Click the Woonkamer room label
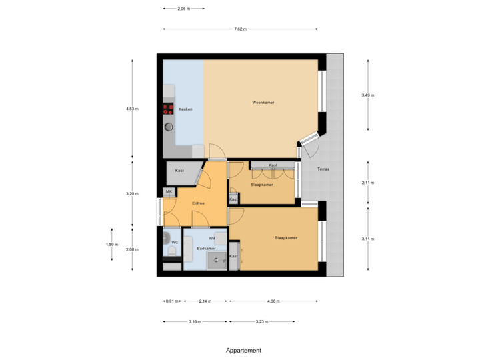pyautogui.click(x=263, y=103)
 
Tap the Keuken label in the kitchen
pyautogui.click(x=185, y=109)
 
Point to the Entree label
pyautogui.click(x=198, y=203)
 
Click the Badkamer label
pyautogui.click(x=206, y=248)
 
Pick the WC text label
pyautogui.click(x=175, y=242)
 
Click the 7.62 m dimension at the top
pyautogui.click(x=240, y=29)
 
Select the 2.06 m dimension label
pyautogui.click(x=183, y=9)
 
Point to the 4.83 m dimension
pyautogui.click(x=131, y=109)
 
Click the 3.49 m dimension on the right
pyautogui.click(x=367, y=95)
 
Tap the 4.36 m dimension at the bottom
pyautogui.click(x=273, y=301)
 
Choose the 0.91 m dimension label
pyautogui.click(x=172, y=301)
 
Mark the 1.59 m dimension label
pyautogui.click(x=111, y=245)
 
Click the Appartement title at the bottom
pyautogui.click(x=243, y=350)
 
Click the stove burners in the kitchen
pyautogui.click(x=167, y=109)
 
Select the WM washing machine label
pyautogui.click(x=211, y=237)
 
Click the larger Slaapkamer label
pyautogui.click(x=285, y=237)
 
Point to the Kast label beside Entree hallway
pyautogui.click(x=180, y=171)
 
